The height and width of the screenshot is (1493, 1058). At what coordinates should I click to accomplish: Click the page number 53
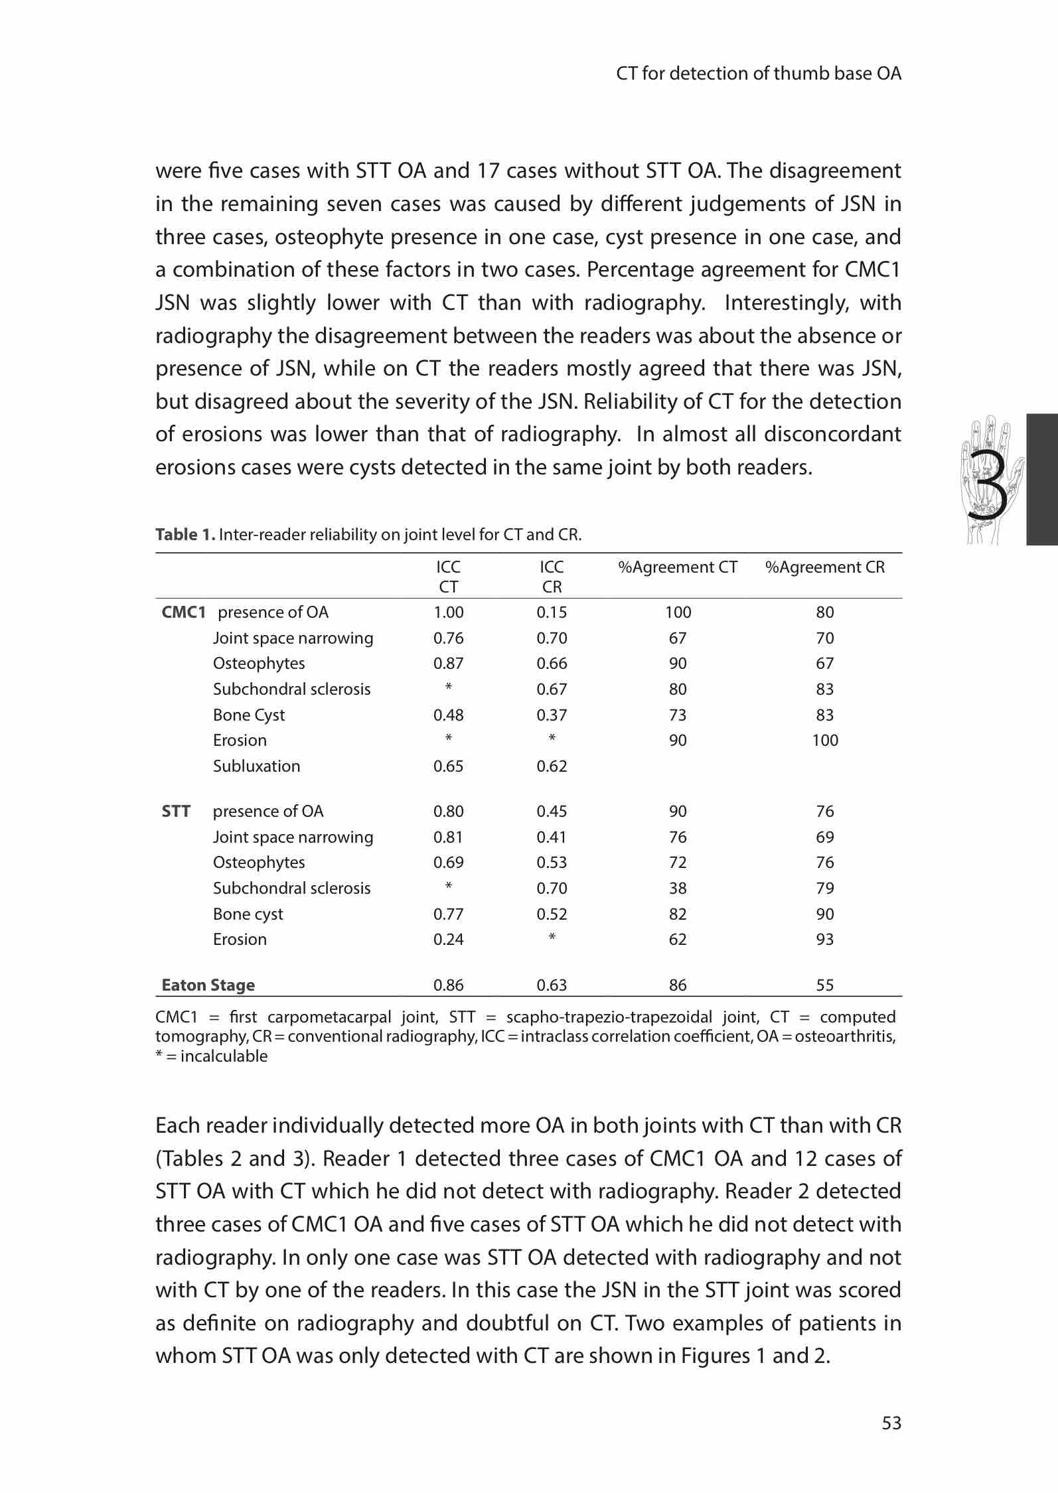pyautogui.click(x=891, y=1423)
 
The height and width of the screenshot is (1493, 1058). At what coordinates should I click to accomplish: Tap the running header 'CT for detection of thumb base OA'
pyautogui.click(x=759, y=74)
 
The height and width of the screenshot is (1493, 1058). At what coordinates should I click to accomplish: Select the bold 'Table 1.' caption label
pyautogui.click(x=185, y=535)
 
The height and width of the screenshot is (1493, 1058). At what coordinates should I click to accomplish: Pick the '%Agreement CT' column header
pyautogui.click(x=678, y=567)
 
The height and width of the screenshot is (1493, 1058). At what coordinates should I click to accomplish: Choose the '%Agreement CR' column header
pyautogui.click(x=824, y=567)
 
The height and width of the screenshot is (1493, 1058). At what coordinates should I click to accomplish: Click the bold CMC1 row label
pyautogui.click(x=183, y=612)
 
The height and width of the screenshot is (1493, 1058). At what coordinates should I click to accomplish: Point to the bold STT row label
pyautogui.click(x=176, y=812)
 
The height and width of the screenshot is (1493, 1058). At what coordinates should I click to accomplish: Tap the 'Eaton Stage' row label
pyautogui.click(x=208, y=985)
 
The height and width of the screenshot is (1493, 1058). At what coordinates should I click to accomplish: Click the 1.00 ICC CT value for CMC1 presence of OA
pyautogui.click(x=449, y=612)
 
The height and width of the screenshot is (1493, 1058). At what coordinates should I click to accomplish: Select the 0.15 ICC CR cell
pyautogui.click(x=552, y=612)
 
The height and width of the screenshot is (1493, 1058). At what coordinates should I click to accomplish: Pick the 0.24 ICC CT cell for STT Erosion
pyautogui.click(x=449, y=940)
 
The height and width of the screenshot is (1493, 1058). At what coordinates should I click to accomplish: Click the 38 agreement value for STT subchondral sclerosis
pyautogui.click(x=678, y=889)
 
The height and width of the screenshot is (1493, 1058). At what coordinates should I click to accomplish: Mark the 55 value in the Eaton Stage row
pyautogui.click(x=824, y=985)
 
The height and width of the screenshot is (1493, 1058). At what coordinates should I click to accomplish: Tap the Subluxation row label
pyautogui.click(x=256, y=766)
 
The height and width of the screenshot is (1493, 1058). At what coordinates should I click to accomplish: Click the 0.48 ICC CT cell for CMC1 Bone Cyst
pyautogui.click(x=449, y=715)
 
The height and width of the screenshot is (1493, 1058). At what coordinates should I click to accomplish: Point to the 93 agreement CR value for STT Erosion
pyautogui.click(x=824, y=940)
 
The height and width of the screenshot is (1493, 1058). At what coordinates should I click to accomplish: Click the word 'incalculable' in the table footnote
pyautogui.click(x=224, y=1056)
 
